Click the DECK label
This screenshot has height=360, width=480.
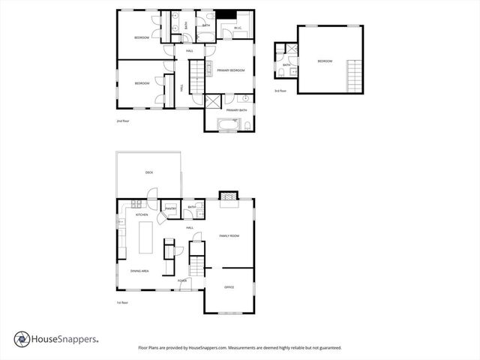tap(148, 172)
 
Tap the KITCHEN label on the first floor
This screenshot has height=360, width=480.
tap(142, 215)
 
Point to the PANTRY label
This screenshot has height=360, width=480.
tap(171, 208)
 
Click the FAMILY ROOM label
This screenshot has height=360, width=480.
tap(229, 235)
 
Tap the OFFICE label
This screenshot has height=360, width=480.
tap(229, 287)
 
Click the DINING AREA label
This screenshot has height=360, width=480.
tap(139, 270)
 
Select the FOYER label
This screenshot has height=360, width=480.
tap(182, 280)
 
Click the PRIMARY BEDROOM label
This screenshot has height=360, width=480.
tap(231, 70)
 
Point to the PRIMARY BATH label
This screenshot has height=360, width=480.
tap(237, 110)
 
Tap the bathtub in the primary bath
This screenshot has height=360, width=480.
tap(227, 124)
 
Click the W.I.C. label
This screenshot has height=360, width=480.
tap(237, 29)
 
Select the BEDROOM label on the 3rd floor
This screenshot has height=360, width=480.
tap(324, 61)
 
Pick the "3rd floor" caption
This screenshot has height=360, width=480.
tap(280, 91)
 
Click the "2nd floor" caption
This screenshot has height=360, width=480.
tap(123, 120)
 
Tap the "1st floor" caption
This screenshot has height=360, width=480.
tap(123, 302)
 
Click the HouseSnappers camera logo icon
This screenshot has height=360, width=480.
tap(21, 339)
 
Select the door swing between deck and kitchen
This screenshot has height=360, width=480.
tap(152, 202)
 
